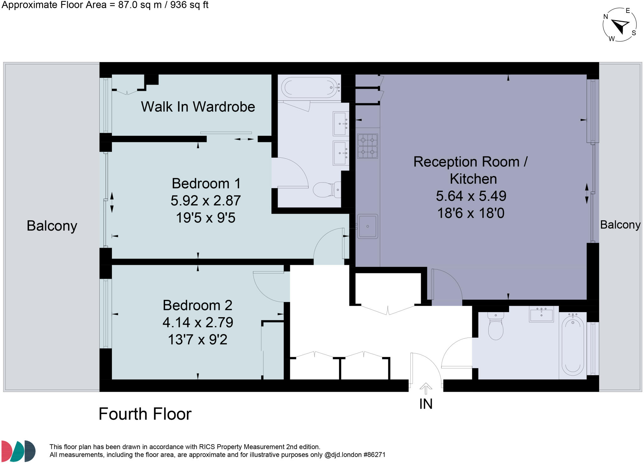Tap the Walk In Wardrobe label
coord(198,107)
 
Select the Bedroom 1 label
coord(206,183)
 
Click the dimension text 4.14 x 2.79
coord(198,322)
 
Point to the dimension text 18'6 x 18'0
coord(471,213)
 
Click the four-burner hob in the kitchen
coord(367,146)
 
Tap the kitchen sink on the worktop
coord(368,226)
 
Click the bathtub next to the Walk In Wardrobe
coord(309,88)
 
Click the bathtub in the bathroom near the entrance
coord(573,345)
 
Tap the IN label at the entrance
coord(426,404)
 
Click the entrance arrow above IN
coord(426,388)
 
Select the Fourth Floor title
coord(145,414)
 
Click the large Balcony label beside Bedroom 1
coord(52,226)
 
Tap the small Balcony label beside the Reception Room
coord(620,225)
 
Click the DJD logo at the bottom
coord(18,451)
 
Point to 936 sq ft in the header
coord(189,5)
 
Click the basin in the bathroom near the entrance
coord(541,314)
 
